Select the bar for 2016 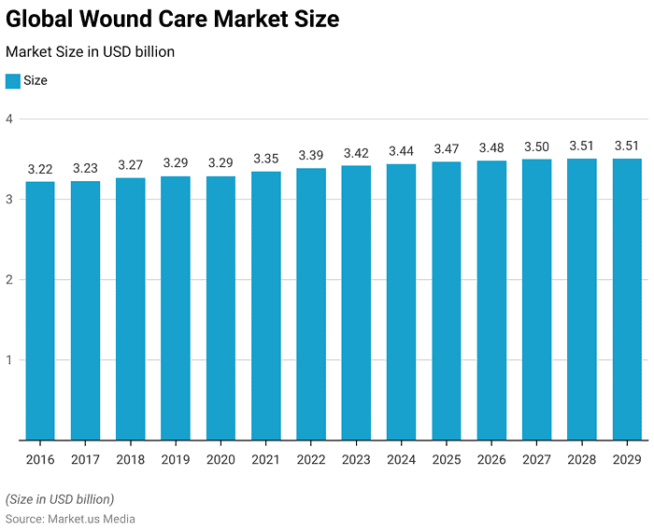click(x=40, y=311)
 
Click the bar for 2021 click(x=266, y=306)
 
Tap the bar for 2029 click(x=627, y=300)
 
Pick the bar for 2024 click(x=402, y=302)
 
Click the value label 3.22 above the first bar click(x=40, y=169)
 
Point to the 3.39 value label click(x=311, y=155)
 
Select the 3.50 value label click(x=537, y=147)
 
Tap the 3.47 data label click(x=447, y=148)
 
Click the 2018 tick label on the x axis click(x=131, y=459)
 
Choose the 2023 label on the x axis click(x=356, y=459)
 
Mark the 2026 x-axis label click(x=491, y=459)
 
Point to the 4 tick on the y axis click(x=8, y=119)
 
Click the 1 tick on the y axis click(x=8, y=360)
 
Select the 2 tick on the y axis click(x=8, y=280)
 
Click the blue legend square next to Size click(x=12, y=81)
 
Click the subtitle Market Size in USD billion click(x=90, y=52)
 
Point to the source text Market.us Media click(x=92, y=519)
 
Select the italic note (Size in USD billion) click(x=60, y=499)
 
